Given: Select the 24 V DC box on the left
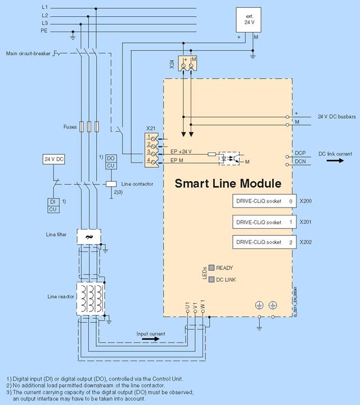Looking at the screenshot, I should (x=54, y=159).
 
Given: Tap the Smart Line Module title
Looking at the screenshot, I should (x=228, y=183).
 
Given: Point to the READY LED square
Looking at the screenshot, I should (x=211, y=268).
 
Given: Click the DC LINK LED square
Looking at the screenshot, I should (x=211, y=280).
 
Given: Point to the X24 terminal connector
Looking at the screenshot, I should (x=187, y=63).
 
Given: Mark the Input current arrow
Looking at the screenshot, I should (x=150, y=339).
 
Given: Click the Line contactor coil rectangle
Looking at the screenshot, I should (x=111, y=183).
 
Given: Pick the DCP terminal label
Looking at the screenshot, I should (x=299, y=153).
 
